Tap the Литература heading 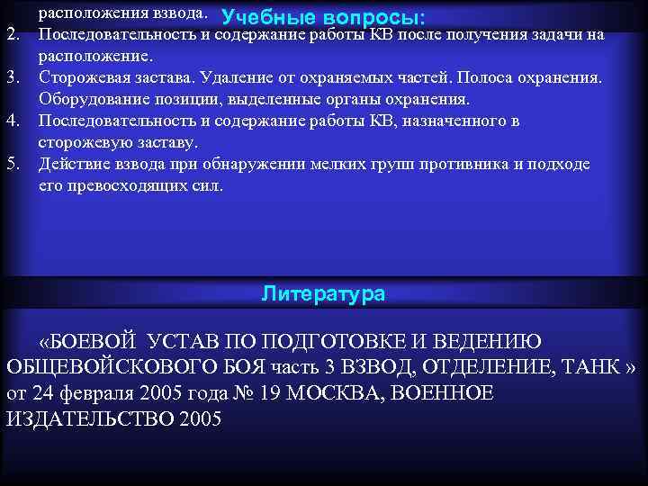pos(323,293)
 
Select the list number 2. pos(13,35)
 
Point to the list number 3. pos(13,78)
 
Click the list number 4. pos(13,121)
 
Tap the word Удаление pos(236,78)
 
